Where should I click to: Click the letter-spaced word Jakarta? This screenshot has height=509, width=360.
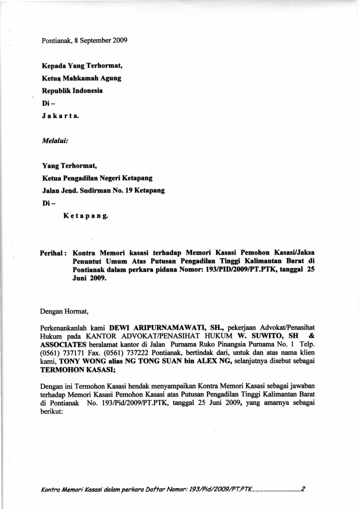(59, 116)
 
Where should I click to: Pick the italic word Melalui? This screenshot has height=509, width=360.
(54, 141)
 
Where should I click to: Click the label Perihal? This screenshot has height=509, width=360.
(53, 253)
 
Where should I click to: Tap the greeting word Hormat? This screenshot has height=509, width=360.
(76, 313)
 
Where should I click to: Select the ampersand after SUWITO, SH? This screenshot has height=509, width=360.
(312, 336)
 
